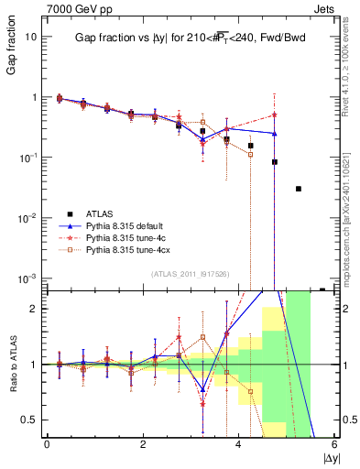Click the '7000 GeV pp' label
pos(71,7)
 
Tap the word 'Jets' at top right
pos(326,7)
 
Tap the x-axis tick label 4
pos(238,443)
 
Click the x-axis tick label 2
pos(143,443)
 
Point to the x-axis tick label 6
pos(333,443)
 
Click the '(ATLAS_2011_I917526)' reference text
pos(190,274)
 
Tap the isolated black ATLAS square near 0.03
pos(299,189)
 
